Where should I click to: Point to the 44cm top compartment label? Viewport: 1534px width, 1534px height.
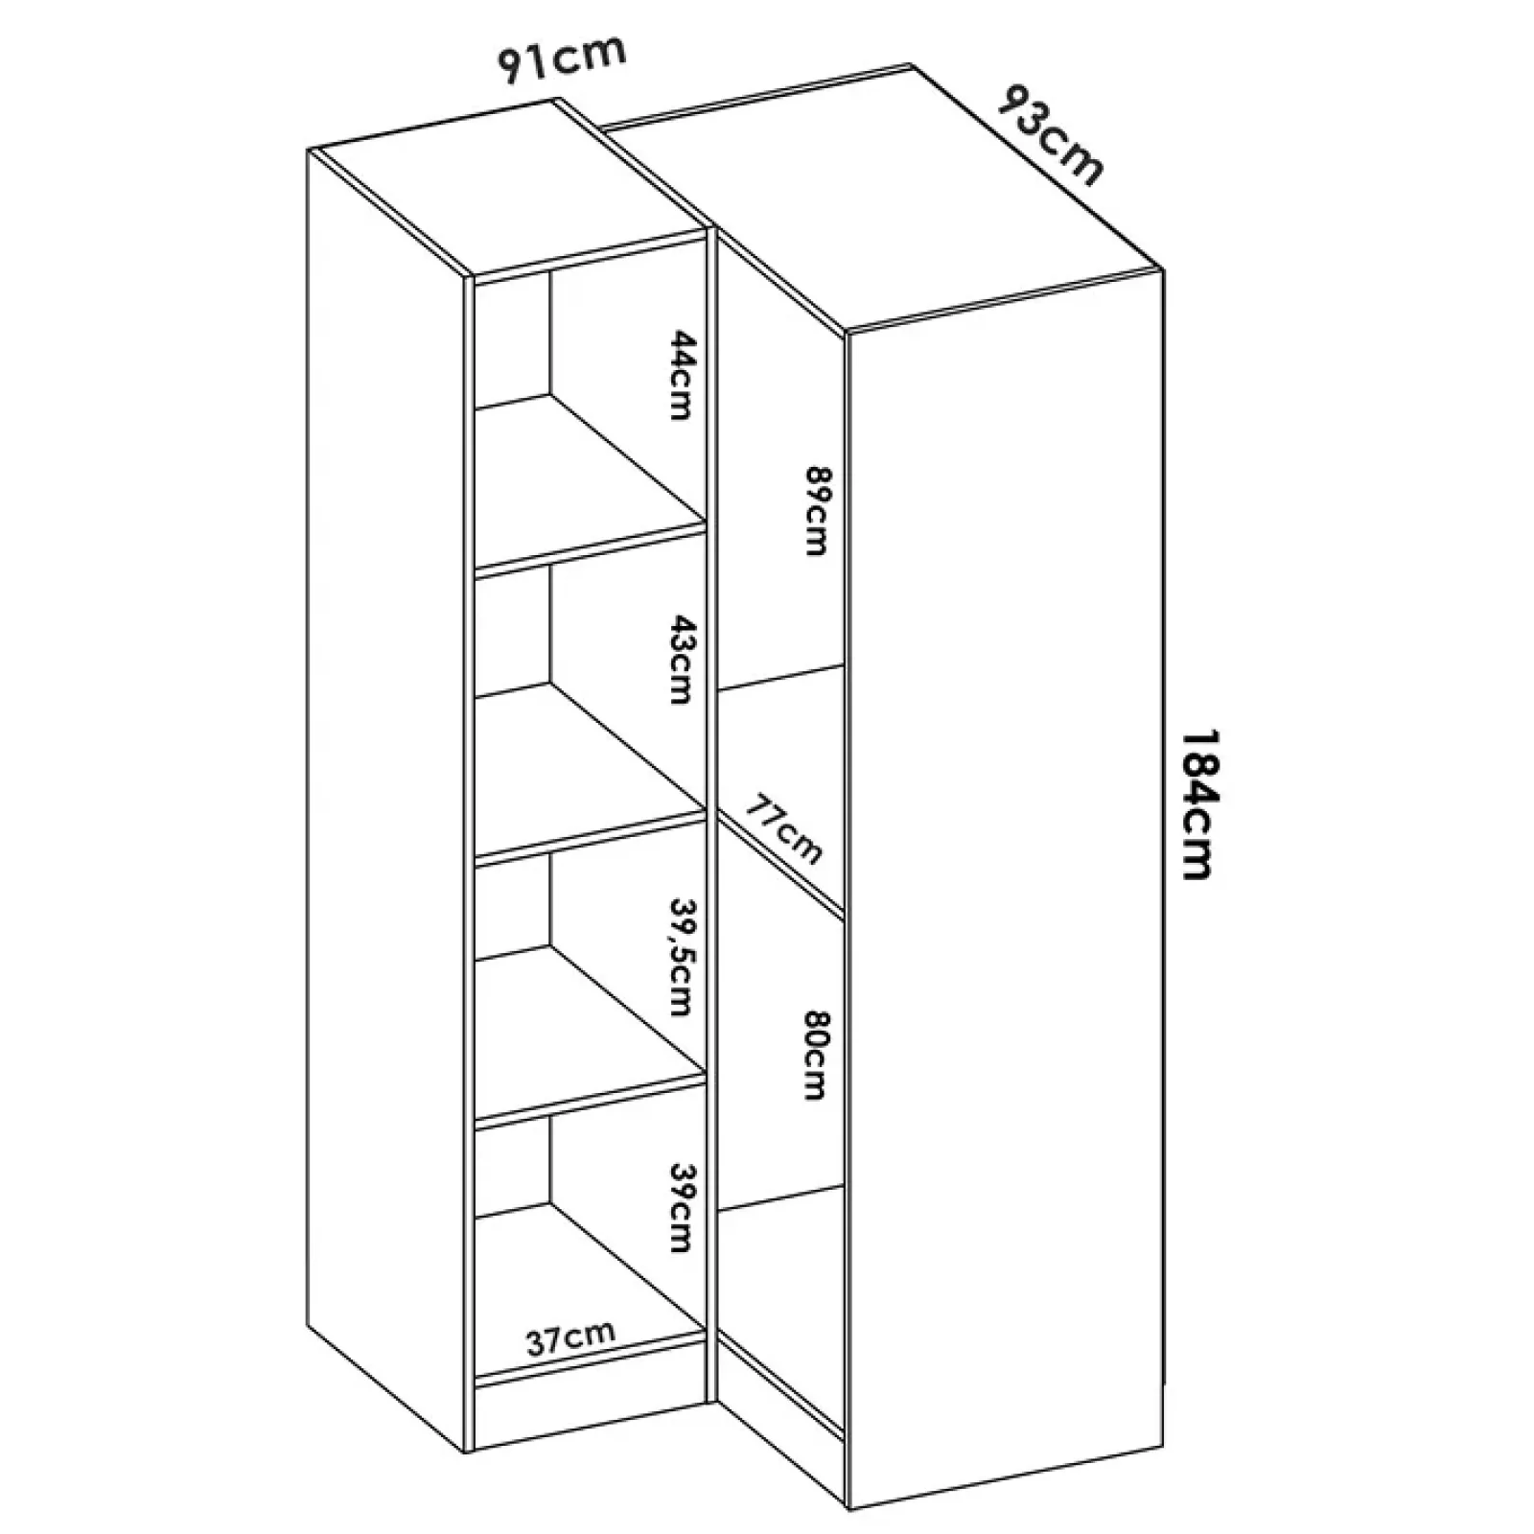[680, 375]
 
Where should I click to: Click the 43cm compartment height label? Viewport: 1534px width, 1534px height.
[680, 660]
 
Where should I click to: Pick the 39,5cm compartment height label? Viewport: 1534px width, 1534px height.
[680, 956]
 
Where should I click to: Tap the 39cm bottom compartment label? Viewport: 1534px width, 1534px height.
[680, 1208]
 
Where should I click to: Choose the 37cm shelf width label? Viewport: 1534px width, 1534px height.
[570, 1338]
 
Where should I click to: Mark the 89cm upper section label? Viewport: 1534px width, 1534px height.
[816, 511]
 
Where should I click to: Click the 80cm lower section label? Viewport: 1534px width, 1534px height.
[816, 1055]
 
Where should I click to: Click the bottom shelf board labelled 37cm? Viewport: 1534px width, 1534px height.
[590, 1362]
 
